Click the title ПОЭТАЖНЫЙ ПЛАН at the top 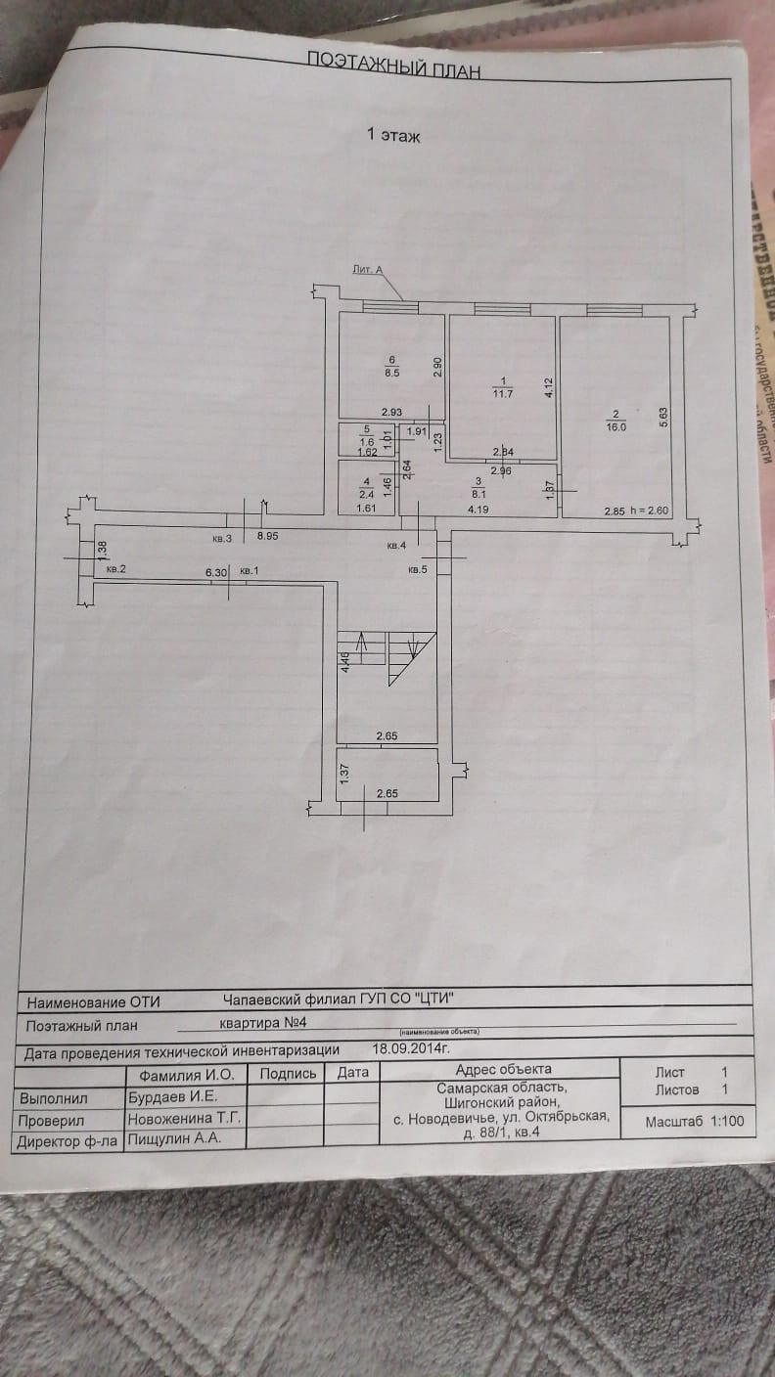(x=393, y=61)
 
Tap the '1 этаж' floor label (x=393, y=136)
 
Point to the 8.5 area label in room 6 (x=391, y=373)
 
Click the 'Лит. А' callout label (x=367, y=269)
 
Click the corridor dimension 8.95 (x=267, y=537)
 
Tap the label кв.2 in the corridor (x=116, y=568)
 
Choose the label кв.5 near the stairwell (x=418, y=569)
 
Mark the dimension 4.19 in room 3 (x=478, y=510)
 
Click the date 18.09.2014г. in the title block (x=411, y=1048)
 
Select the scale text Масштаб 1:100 (x=694, y=1122)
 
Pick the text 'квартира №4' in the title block (x=265, y=1022)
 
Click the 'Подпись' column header (x=287, y=1073)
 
